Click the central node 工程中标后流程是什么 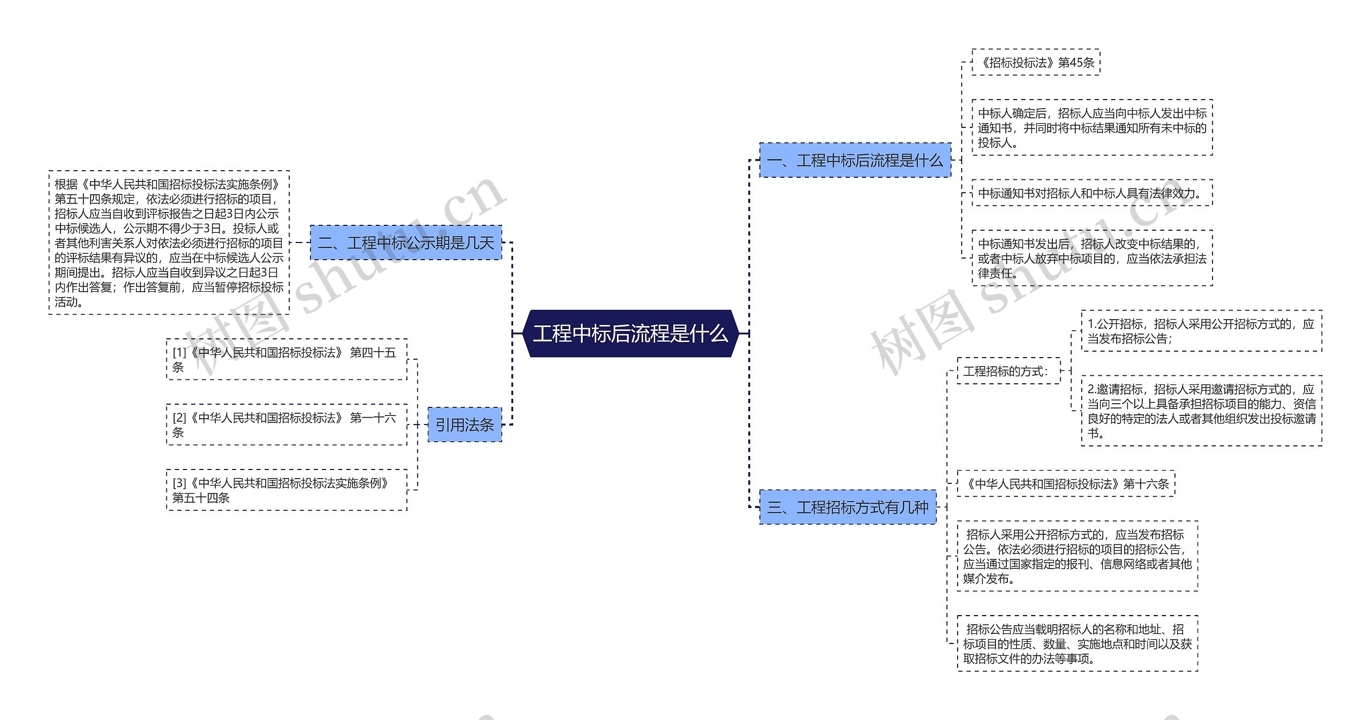click(630, 334)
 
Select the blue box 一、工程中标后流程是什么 click(855, 160)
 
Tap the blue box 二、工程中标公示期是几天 click(406, 243)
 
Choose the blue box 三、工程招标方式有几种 click(848, 507)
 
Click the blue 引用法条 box click(464, 425)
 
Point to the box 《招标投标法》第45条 click(1036, 63)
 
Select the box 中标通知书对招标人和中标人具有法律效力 click(1091, 193)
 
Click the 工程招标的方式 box click(1008, 371)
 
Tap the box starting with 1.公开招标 click(1201, 331)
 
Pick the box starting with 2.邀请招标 click(1201, 411)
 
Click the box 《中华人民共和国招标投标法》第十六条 click(1066, 484)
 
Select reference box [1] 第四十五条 click(286, 360)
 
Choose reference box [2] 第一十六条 click(286, 425)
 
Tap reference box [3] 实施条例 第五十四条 click(286, 490)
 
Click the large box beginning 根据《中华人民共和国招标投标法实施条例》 click(169, 242)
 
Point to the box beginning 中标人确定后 click(1091, 128)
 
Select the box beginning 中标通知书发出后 click(1091, 259)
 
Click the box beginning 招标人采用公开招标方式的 click(1077, 556)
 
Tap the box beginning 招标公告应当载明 click(1077, 643)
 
